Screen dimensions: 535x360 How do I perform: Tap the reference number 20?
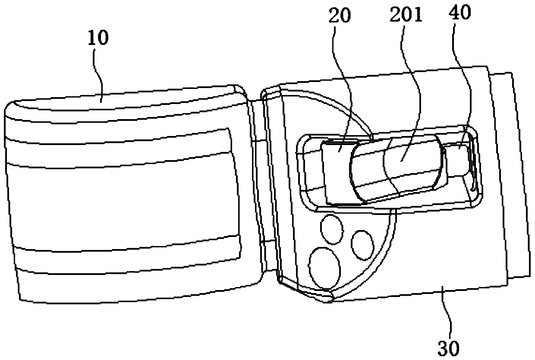pos(340,16)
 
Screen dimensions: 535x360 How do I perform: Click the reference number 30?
pos(449,347)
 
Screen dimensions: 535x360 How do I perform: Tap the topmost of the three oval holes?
pos(331,228)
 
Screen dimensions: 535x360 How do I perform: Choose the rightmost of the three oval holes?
pos(362,244)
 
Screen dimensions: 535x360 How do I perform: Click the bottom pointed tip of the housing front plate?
pos(328,298)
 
